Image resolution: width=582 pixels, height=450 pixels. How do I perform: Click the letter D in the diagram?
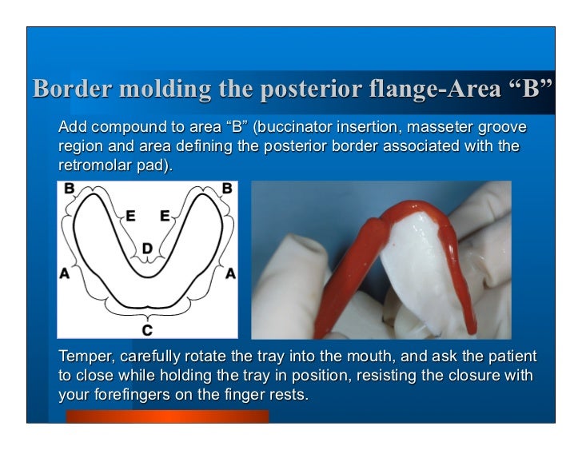(x=147, y=249)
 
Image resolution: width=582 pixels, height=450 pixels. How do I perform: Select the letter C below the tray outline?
(x=147, y=329)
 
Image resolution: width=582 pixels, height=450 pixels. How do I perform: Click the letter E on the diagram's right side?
(x=165, y=216)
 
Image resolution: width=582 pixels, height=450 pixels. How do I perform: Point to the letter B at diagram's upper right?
(x=227, y=189)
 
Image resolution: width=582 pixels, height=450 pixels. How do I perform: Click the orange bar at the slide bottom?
(x=167, y=416)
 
